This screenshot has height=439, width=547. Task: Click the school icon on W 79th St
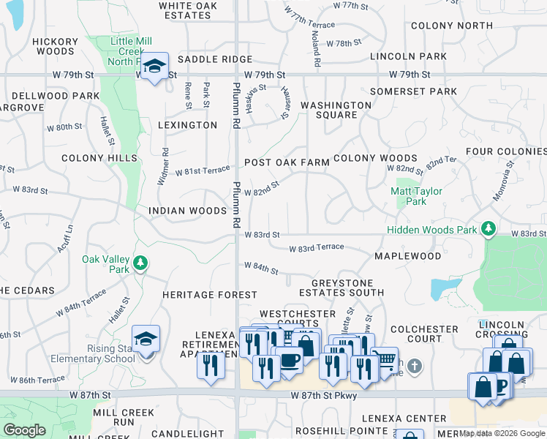[155, 67]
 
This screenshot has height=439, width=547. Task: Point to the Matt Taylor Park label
[417, 196]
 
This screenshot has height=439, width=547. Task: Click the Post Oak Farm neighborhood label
[287, 162]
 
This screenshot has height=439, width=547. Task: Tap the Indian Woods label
[188, 211]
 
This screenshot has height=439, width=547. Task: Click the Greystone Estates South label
[342, 288]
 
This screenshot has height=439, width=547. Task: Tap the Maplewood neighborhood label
[408, 256]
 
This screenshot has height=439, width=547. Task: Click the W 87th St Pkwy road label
[322, 396]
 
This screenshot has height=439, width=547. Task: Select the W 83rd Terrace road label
[316, 249]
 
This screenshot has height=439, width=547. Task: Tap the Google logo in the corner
[24, 430]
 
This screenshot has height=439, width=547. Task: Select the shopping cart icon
[385, 359]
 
